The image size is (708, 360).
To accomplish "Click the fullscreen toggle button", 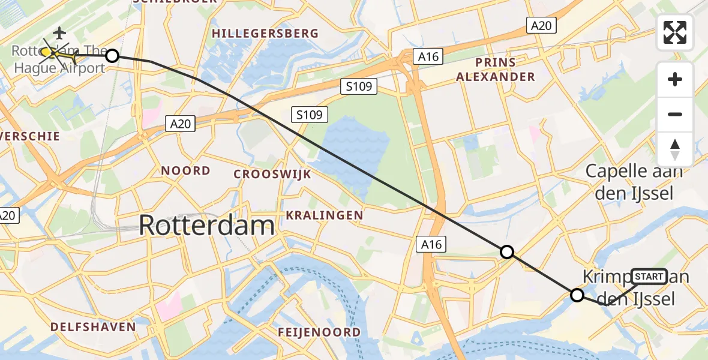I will click(x=675, y=32).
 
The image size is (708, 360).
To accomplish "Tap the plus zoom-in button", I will click(x=675, y=79).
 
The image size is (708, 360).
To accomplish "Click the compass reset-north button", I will click(x=675, y=149).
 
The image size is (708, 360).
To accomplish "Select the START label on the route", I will click(x=649, y=277).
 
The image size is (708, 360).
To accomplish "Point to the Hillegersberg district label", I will click(x=265, y=34).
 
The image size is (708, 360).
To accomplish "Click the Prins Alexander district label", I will click(x=496, y=69).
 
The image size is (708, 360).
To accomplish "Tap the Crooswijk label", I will click(x=272, y=175).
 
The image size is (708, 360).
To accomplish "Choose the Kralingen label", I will click(x=325, y=215).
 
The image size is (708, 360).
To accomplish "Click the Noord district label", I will click(x=185, y=171).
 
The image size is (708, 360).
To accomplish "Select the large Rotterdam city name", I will click(x=207, y=226).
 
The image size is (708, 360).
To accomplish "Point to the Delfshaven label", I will click(x=93, y=327).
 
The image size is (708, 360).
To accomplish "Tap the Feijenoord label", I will click(x=319, y=332).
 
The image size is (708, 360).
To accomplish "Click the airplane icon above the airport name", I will click(x=59, y=32).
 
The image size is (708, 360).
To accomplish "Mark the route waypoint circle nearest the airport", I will click(x=112, y=56).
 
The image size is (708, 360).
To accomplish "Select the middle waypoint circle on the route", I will click(x=507, y=252).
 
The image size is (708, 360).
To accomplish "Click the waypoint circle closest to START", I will click(x=577, y=295).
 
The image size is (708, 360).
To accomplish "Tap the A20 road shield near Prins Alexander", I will click(x=541, y=25).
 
